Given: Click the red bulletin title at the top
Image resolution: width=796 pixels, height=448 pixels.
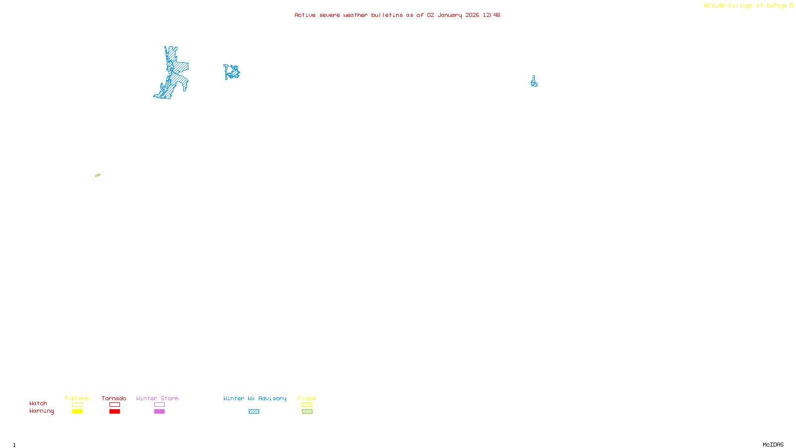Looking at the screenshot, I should [x=397, y=15].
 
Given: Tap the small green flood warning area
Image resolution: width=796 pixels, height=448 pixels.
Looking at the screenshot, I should [x=98, y=175].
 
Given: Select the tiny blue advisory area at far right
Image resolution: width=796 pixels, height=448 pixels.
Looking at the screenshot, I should [x=534, y=82].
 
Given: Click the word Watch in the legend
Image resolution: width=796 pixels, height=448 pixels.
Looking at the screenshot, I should [x=38, y=403].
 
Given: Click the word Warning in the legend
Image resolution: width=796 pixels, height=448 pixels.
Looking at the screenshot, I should [x=41, y=411].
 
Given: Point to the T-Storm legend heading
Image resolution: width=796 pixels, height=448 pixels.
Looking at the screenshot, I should [x=77, y=398].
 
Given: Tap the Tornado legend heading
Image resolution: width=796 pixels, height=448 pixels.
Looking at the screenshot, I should [x=114, y=398].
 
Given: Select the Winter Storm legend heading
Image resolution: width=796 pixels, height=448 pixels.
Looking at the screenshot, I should [x=157, y=398].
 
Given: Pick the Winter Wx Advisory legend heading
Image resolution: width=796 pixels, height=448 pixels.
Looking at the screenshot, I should [x=255, y=398].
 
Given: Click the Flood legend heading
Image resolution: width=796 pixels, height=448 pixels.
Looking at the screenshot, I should [x=307, y=398].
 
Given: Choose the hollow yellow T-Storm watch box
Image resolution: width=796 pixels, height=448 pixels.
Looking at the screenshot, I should [x=77, y=405].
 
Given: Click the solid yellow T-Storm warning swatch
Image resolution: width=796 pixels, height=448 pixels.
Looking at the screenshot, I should [x=77, y=412].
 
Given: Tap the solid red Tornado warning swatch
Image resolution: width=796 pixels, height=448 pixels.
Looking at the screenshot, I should [x=114, y=412].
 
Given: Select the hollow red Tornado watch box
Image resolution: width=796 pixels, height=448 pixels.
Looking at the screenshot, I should [x=114, y=405].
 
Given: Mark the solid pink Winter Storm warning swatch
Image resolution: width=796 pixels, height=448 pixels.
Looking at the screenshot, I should [x=159, y=412].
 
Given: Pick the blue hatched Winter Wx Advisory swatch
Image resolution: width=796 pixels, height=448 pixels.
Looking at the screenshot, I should [x=254, y=412].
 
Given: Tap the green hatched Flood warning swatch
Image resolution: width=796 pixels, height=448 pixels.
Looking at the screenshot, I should [x=307, y=412].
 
